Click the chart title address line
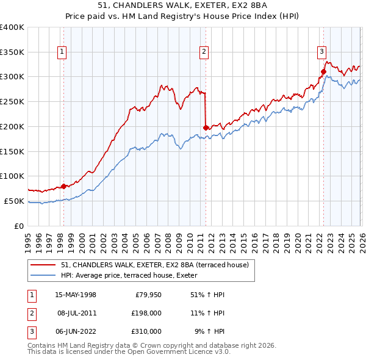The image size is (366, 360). pos(182,5)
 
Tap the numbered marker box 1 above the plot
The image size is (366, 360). pos(63,52)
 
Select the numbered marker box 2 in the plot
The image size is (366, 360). pos(204,52)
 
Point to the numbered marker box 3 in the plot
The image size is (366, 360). pos(321,52)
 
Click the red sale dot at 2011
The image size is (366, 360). pos(206,128)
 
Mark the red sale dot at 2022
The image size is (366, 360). pos(323,71)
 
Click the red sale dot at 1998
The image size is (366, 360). pos(63,186)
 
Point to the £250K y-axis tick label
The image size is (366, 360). pos(12,101)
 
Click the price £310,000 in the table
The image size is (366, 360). pos(146,331)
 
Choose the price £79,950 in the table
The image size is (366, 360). pos(148,295)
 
